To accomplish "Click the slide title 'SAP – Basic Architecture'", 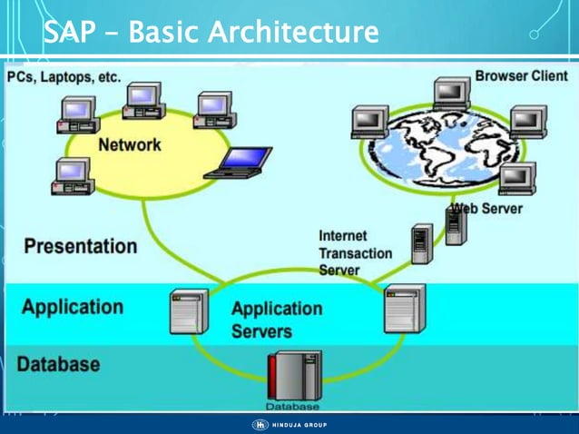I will [x=211, y=34].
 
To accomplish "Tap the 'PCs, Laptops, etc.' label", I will [x=64, y=77].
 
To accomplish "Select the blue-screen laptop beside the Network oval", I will [x=239, y=163].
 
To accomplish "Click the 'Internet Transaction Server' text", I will [x=355, y=252].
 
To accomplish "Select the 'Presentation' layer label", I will [x=80, y=246].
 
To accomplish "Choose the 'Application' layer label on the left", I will [x=73, y=306].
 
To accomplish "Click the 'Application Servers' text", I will [x=277, y=319].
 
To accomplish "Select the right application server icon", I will [x=404, y=308].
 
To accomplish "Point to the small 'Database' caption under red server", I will [x=292, y=406].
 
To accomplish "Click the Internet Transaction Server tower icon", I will [x=421, y=243].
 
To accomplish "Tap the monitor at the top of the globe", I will [x=451, y=94].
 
